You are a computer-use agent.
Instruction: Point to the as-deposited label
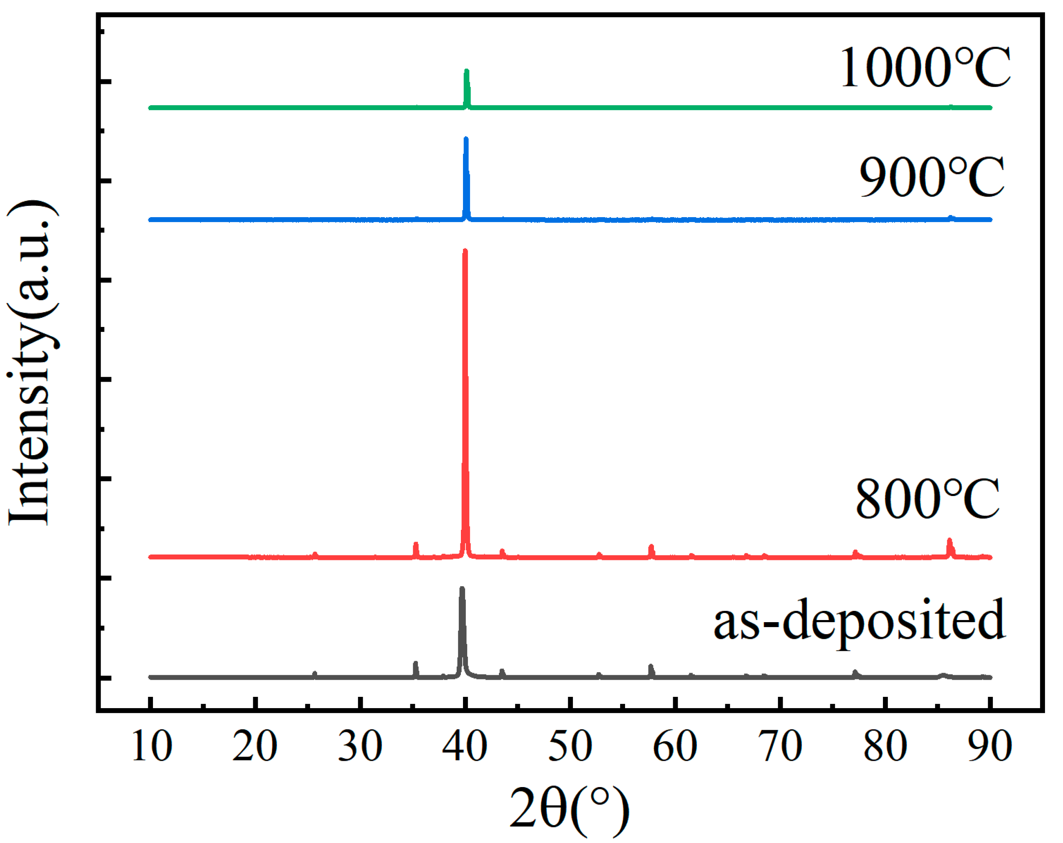pos(858,620)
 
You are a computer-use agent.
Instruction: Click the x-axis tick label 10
pos(152,747)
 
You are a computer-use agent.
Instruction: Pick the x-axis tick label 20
pos(255,747)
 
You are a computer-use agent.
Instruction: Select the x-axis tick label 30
pos(360,747)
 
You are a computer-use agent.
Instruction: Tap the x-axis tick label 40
pos(465,747)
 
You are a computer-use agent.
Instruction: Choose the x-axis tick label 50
pos(570,747)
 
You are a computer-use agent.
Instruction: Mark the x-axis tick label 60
pos(675,747)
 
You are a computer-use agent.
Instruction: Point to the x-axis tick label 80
pos(885,747)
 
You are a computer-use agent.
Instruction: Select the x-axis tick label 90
pos(990,747)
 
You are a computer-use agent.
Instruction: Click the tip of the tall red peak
pos(465,251)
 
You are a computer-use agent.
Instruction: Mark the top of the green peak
pos(466,71)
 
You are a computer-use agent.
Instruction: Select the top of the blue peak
pos(466,139)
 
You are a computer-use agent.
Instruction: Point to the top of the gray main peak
pos(462,589)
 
